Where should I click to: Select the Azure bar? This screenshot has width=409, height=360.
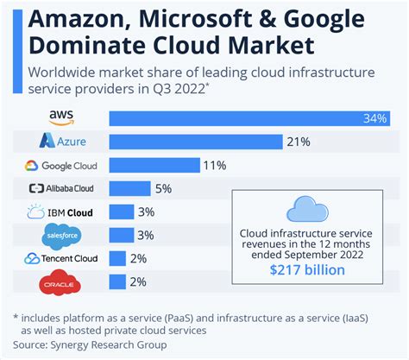click(x=195, y=141)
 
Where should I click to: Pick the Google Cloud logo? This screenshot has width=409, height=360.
click(x=60, y=165)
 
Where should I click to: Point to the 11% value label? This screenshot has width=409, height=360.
click(x=214, y=165)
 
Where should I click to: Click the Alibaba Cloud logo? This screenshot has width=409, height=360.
click(x=60, y=188)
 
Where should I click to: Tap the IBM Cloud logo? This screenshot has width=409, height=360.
click(x=62, y=212)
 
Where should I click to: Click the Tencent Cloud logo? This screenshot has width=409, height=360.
click(x=60, y=258)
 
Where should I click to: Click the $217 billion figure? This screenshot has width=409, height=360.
click(x=306, y=270)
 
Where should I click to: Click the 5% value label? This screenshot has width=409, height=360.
click(x=164, y=188)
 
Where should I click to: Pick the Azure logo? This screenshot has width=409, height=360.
click(x=60, y=141)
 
